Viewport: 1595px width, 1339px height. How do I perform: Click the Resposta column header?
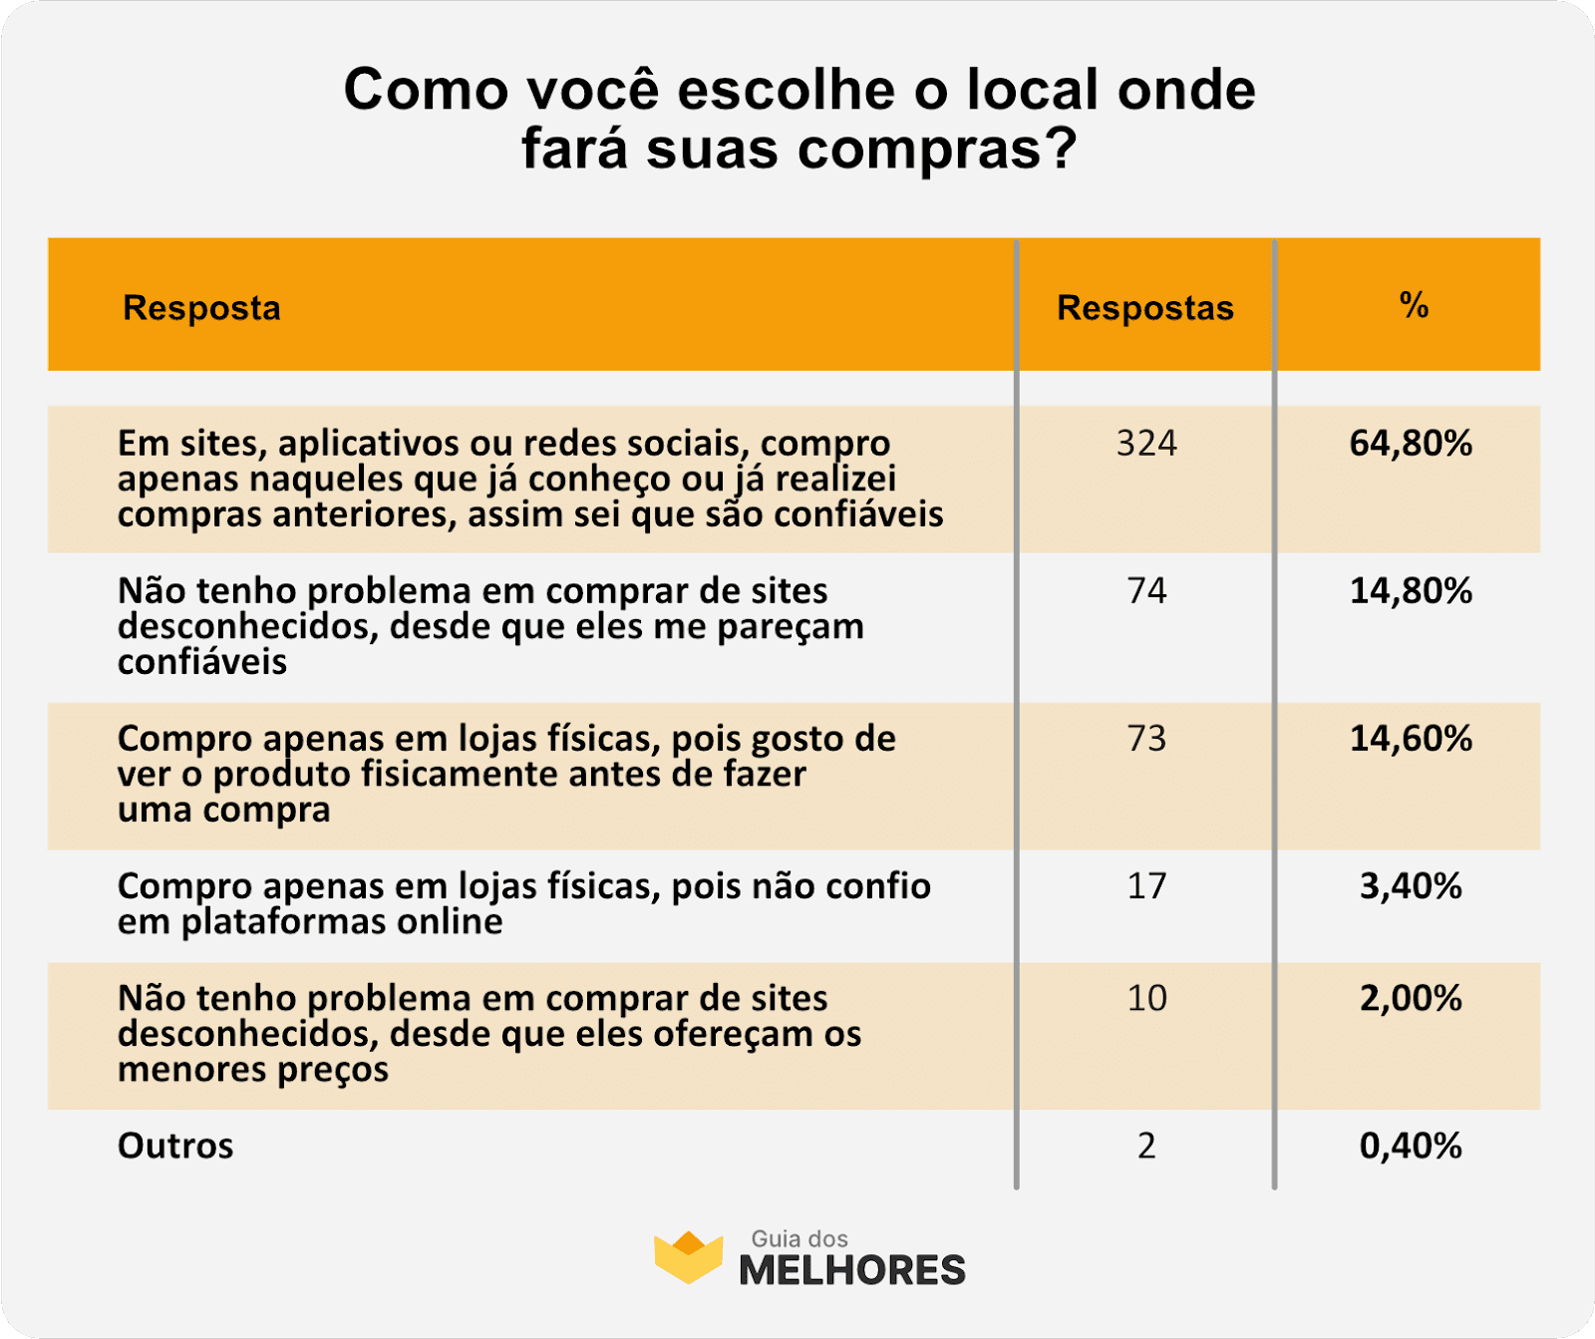(201, 308)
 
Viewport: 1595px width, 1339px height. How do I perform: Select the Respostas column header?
(1145, 308)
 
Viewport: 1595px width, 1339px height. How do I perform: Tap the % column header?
(1414, 304)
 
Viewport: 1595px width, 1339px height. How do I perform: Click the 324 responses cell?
(1146, 443)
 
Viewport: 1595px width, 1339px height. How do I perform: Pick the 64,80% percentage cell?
(1411, 443)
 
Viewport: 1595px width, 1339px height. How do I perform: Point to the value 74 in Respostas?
(1146, 590)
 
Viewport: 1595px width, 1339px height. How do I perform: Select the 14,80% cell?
(1411, 590)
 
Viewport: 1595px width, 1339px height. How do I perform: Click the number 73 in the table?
(1146, 738)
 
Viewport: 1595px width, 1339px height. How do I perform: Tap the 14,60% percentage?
(1411, 738)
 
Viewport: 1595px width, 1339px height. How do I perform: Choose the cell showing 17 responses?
(1146, 885)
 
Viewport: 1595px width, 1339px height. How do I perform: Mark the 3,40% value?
(1411, 885)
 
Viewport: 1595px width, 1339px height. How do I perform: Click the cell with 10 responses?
(1146, 998)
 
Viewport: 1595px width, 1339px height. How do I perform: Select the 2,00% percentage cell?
(1411, 998)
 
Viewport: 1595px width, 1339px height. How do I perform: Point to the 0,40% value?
(1411, 1146)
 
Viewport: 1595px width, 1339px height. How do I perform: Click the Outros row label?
(175, 1146)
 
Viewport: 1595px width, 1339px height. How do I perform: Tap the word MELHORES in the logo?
(852, 1270)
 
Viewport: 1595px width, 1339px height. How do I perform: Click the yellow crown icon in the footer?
(688, 1256)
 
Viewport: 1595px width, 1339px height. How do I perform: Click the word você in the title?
(592, 90)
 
